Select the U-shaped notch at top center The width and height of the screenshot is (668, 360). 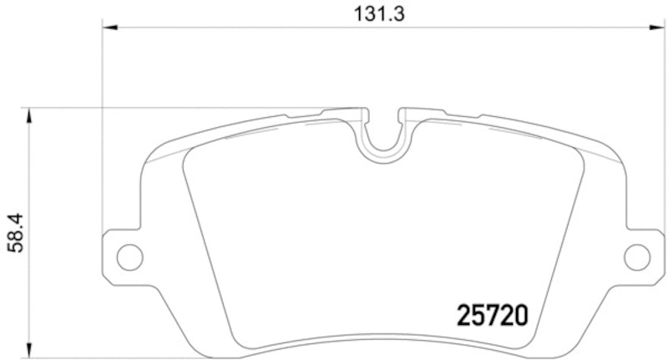pos(383,138)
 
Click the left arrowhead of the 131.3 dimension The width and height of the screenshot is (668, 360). pos(108,28)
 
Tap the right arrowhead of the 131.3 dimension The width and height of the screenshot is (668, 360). pos(660,28)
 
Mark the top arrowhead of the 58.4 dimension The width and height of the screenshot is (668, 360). pos(30,114)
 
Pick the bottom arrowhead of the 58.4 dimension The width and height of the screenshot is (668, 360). pos(30,352)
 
